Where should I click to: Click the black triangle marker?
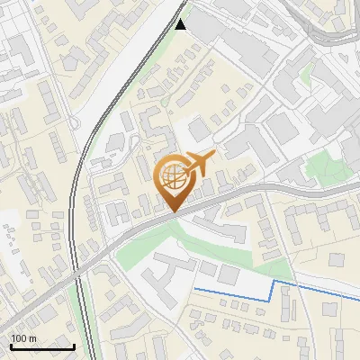coord(181,24)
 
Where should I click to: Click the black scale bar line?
coord(42,346)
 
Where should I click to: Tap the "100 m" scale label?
coord(24,337)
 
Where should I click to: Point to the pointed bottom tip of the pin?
coord(174,211)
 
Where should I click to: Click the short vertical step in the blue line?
coord(273,290)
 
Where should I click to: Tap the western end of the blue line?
coord(195,289)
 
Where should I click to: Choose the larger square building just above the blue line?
coord(230,274)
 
